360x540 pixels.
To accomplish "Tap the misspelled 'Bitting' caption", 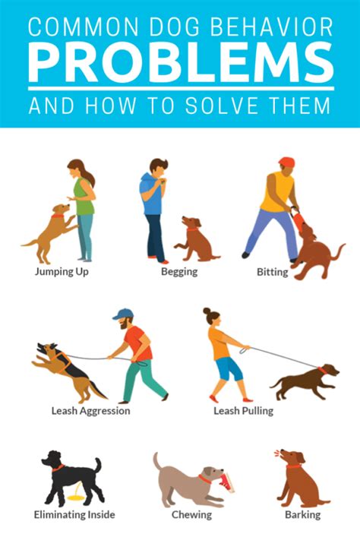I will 272,271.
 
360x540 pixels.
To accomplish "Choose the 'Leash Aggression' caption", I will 90,411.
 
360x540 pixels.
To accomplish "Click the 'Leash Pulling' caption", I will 243,411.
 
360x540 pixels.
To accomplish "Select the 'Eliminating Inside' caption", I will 74,515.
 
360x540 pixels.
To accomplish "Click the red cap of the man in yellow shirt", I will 286,162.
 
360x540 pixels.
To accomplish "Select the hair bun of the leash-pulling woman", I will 207,311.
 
